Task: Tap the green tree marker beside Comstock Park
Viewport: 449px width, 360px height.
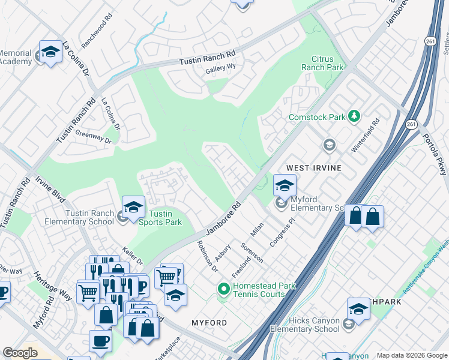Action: click(354, 115)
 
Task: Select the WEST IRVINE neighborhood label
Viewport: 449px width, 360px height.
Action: click(313, 169)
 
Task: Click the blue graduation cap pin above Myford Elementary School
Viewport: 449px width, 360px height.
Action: click(285, 186)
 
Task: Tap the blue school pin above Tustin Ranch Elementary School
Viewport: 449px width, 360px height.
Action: click(133, 208)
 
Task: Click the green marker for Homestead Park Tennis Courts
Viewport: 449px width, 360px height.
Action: click(224, 290)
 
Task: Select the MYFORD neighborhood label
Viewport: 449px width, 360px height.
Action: click(209, 323)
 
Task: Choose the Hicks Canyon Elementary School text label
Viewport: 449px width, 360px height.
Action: click(304, 325)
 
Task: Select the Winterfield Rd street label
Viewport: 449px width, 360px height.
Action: click(366, 135)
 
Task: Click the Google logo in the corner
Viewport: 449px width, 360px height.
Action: click(20, 353)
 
